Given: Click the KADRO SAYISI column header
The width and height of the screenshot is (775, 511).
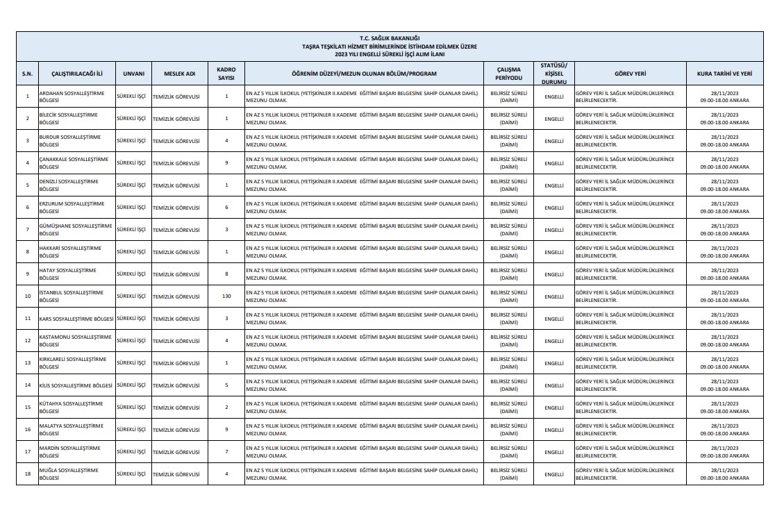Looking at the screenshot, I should pyautogui.click(x=226, y=73).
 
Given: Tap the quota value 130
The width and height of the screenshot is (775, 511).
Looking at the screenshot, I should pyautogui.click(x=226, y=296).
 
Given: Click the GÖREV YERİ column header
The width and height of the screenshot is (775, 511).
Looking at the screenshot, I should pyautogui.click(x=631, y=73).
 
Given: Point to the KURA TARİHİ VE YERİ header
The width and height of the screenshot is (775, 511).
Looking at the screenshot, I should pyautogui.click(x=724, y=73).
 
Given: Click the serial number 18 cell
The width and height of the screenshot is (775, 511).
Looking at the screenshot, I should pyautogui.click(x=27, y=474).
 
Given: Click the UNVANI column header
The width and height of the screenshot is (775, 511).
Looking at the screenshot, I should pyautogui.click(x=133, y=73).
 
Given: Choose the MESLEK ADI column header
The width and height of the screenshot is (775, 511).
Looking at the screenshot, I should pyautogui.click(x=179, y=73).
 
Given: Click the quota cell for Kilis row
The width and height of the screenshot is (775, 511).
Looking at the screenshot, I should pyautogui.click(x=226, y=385).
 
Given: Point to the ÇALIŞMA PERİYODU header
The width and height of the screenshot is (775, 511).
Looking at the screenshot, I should pyautogui.click(x=508, y=73).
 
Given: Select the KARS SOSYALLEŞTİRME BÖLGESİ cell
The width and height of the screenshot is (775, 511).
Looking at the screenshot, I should pyautogui.click(x=76, y=318).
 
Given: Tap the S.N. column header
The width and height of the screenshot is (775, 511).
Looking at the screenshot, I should pyautogui.click(x=27, y=73).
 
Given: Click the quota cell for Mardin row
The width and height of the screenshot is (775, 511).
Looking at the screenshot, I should pyautogui.click(x=226, y=452).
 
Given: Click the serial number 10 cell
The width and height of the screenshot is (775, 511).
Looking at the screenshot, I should pyautogui.click(x=27, y=296).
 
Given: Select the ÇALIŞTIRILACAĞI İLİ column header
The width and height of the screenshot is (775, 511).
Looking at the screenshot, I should pyautogui.click(x=76, y=73).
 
